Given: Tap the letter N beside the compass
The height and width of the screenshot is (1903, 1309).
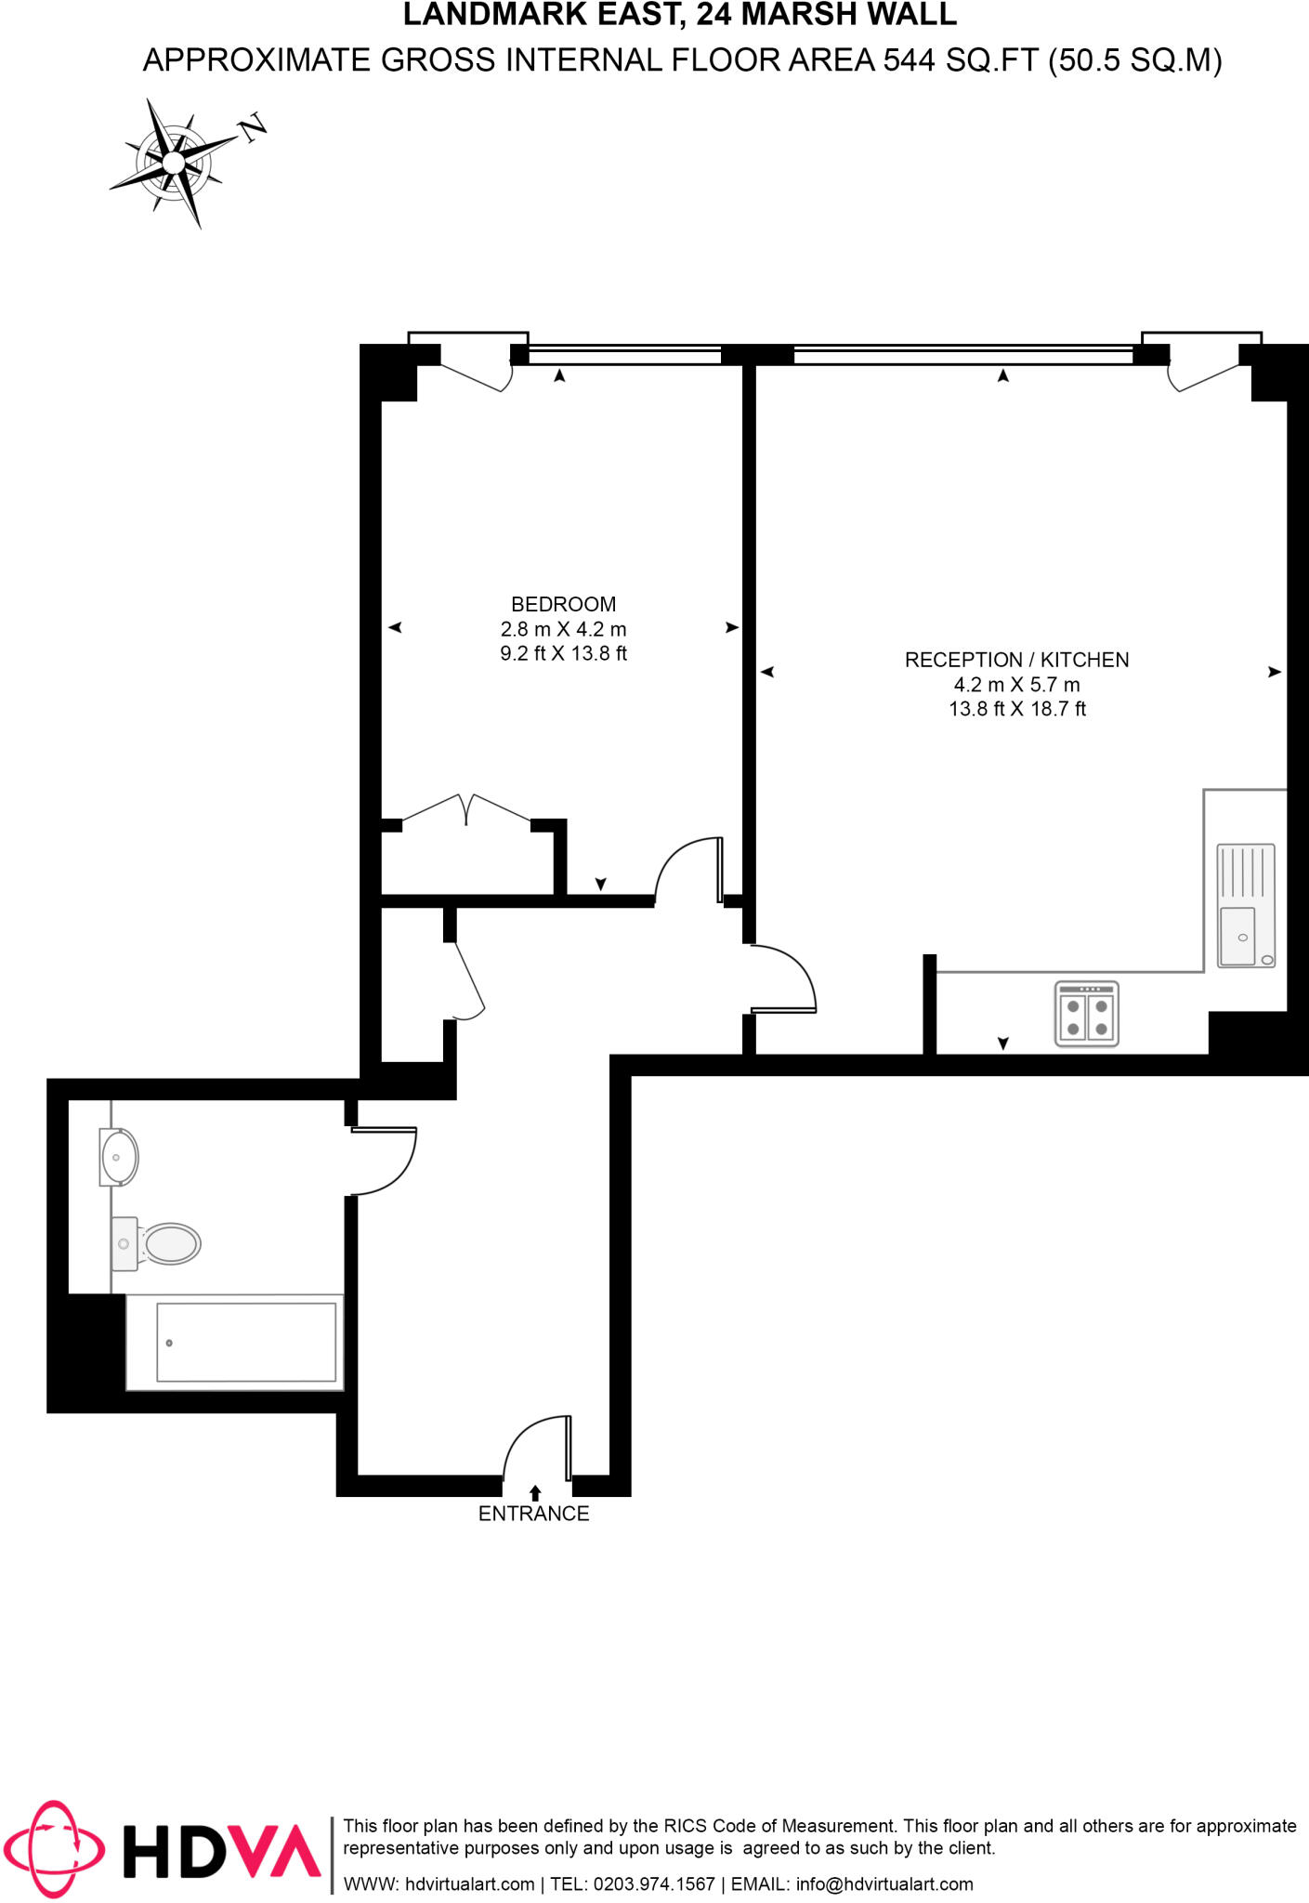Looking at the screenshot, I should (x=253, y=128).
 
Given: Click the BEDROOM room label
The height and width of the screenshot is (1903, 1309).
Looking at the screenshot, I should (x=563, y=604).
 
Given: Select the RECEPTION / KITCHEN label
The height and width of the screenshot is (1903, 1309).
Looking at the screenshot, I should (x=1016, y=660).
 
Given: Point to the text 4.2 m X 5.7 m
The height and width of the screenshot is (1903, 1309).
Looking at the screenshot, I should (x=1016, y=685).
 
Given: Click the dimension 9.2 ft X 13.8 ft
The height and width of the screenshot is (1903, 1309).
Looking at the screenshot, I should (x=563, y=653).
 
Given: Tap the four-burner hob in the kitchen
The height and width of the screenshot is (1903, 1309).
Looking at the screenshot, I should (x=1086, y=1014).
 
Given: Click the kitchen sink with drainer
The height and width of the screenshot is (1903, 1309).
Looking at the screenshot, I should (x=1245, y=905).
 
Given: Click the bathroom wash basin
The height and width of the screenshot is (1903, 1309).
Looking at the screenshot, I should (x=119, y=1158).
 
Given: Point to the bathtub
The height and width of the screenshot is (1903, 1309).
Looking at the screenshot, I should (x=245, y=1342).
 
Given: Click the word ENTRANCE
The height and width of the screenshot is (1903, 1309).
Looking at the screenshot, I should (x=533, y=1514).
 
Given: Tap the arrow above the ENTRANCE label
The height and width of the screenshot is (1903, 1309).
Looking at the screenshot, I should (x=535, y=1492).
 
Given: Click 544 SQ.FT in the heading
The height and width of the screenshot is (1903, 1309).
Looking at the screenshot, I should (x=960, y=60).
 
